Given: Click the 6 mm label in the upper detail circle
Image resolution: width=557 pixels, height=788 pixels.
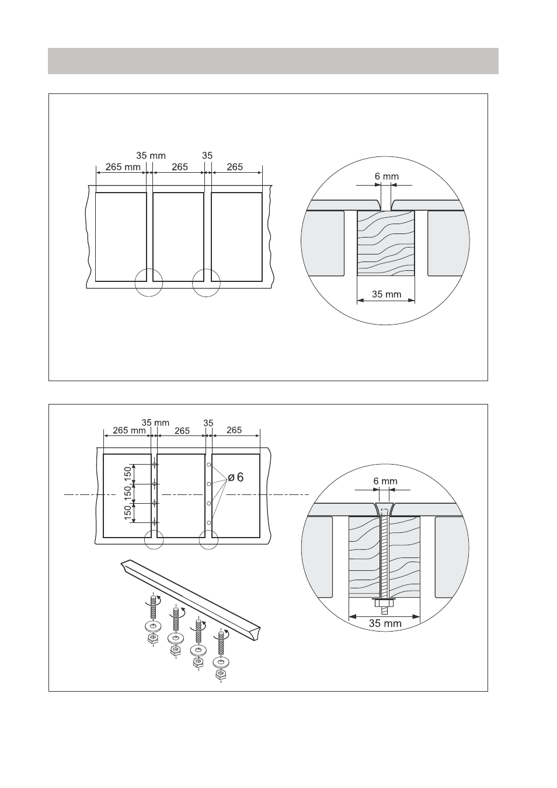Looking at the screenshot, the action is pos(387,176).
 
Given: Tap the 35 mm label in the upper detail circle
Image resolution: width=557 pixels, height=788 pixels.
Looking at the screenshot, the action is pos(387,294).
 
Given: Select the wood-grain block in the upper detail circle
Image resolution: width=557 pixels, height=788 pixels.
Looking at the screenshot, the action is pos(386,243).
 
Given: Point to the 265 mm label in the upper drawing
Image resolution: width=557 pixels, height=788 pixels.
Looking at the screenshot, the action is pos(123,167).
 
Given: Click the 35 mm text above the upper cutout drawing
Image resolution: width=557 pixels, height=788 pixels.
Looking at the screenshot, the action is pos(151,155).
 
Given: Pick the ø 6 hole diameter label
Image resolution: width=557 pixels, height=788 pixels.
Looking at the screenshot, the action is pos(236,477).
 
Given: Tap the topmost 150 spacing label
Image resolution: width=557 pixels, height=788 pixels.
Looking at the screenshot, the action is pos(128,474).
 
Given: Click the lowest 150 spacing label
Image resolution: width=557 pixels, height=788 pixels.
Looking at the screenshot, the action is pos(128,512).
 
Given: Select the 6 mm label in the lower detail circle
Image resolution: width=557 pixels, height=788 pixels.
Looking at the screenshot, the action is pos(385,481).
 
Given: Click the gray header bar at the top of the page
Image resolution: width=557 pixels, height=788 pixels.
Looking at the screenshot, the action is pos(273,61).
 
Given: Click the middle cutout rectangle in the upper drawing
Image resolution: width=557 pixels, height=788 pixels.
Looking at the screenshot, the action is pos(179,237).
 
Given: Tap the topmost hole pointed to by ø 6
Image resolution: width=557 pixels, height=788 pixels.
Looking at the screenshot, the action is pos(208,465).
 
